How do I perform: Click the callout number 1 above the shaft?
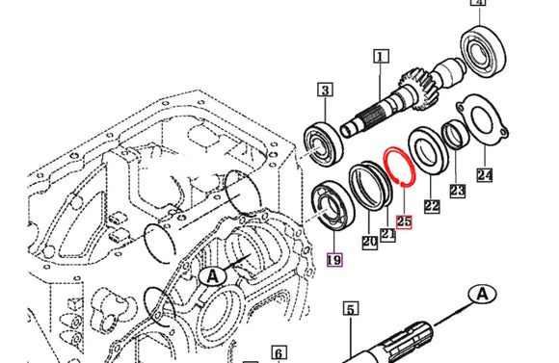point(381,58)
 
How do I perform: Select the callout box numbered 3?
point(326,91)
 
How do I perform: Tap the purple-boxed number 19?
point(334,258)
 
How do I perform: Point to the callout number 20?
point(369,243)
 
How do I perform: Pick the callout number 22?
point(432,205)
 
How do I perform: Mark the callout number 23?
point(457,191)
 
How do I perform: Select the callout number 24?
point(484,175)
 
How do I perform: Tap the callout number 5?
point(351,309)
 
